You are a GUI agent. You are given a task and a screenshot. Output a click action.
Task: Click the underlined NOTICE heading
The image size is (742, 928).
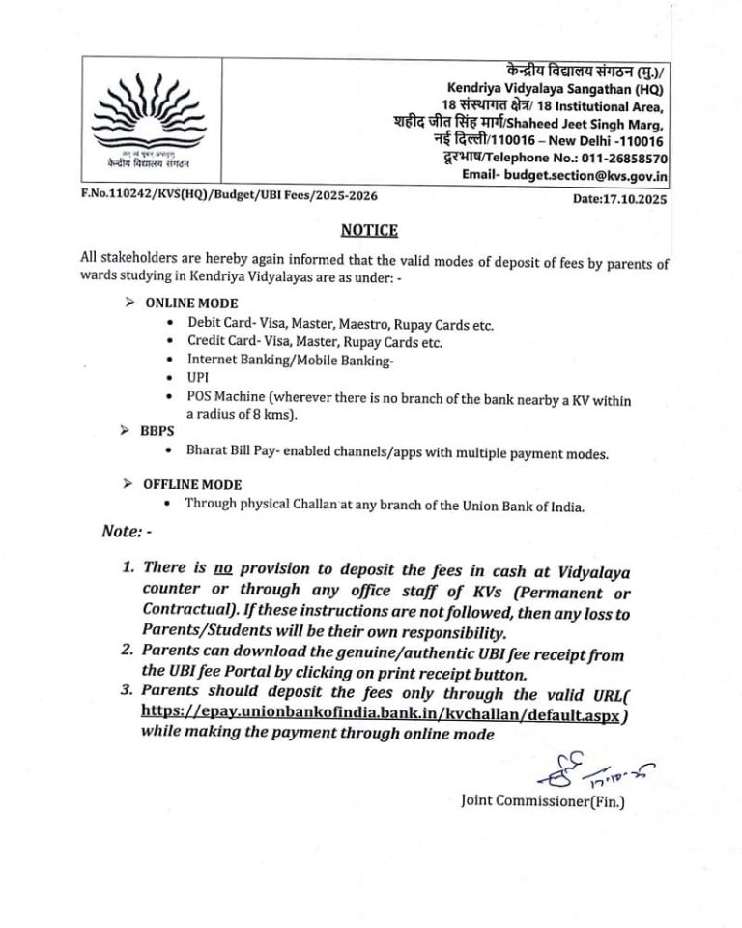pos(368,230)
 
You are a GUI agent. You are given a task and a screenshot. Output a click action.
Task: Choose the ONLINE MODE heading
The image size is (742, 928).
pos(191,304)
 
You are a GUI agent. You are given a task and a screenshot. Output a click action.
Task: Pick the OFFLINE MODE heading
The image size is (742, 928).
pos(192,484)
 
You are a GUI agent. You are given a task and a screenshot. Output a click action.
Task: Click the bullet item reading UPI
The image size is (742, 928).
pos(199,378)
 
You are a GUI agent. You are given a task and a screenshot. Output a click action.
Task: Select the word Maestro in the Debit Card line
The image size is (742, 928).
pos(365,323)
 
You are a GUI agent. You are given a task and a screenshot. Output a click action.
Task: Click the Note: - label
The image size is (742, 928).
pos(126,531)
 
